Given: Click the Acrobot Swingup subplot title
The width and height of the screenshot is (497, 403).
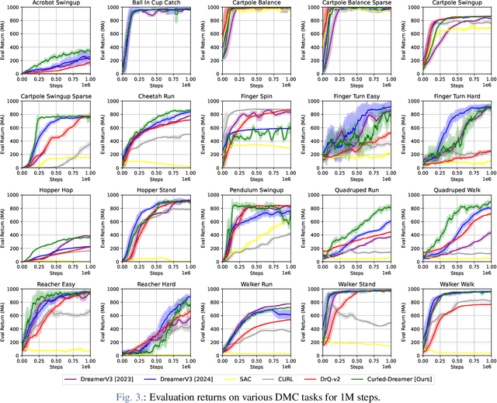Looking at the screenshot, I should [x=55, y=4].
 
